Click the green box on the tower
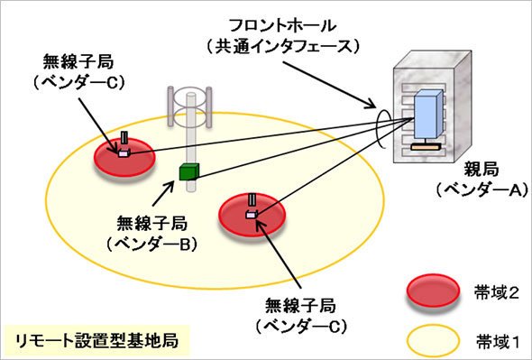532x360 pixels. coord(188,171)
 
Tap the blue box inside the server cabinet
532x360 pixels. coord(427,114)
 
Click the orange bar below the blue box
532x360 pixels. coord(426,147)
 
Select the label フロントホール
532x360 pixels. coord(282,26)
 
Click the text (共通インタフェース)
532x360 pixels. coord(282,46)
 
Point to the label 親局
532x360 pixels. coord(482,169)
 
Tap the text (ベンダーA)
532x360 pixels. coord(482,189)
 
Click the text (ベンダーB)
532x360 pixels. coord(152,244)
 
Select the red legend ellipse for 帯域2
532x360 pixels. coord(433,291)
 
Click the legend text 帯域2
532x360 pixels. coord(498,292)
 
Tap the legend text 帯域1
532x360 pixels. coord(498,341)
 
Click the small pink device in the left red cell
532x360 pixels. coord(124,153)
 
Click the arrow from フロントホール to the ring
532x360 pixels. coord(330,85)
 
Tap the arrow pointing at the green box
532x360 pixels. coord(164,193)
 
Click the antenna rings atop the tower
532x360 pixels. coord(190,107)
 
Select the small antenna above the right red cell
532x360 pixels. coord(252,200)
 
